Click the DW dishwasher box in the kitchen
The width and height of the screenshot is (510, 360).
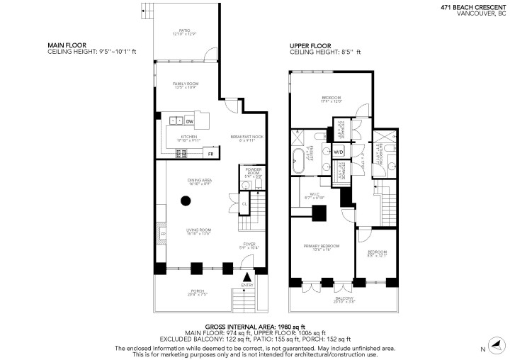(x=190, y=121)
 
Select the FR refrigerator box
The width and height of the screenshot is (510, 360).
(x=210, y=153)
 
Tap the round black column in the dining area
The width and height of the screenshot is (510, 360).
(x=186, y=201)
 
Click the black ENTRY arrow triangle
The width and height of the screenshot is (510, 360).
(x=246, y=277)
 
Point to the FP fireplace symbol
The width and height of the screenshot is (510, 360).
(x=163, y=234)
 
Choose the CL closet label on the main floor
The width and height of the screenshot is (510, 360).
(x=244, y=204)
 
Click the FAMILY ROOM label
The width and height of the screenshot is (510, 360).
(x=185, y=85)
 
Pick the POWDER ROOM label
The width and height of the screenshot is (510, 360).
(x=253, y=171)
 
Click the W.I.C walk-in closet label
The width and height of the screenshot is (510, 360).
(x=313, y=196)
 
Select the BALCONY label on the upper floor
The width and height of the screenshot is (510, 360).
(x=341, y=299)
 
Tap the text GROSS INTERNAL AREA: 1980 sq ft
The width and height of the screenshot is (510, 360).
(x=254, y=326)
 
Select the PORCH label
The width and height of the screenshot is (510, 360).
(x=198, y=291)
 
